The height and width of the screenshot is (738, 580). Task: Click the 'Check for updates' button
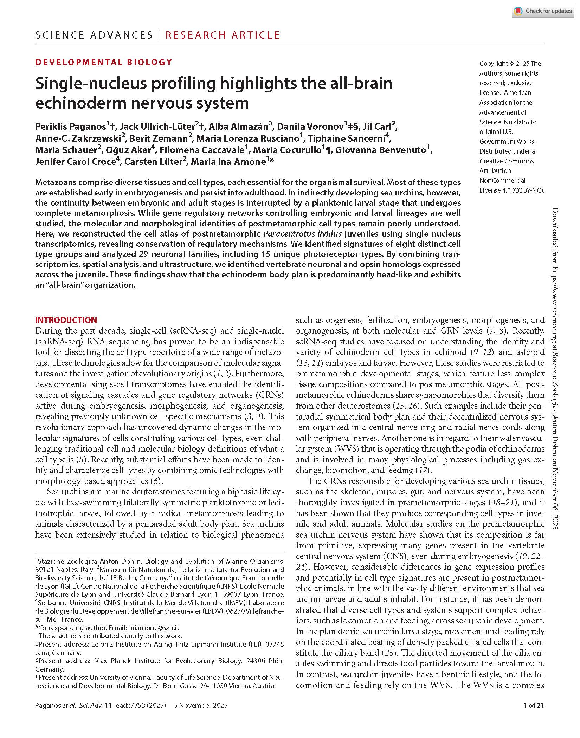pos(543,11)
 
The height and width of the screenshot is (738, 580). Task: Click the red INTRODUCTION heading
pos(66,320)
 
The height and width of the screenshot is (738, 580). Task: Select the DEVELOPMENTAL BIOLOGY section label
pos(104,62)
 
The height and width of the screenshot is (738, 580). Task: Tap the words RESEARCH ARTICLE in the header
pos(222,35)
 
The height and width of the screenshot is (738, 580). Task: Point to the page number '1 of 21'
pos(533,705)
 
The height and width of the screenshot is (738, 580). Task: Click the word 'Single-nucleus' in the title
pos(90,84)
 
